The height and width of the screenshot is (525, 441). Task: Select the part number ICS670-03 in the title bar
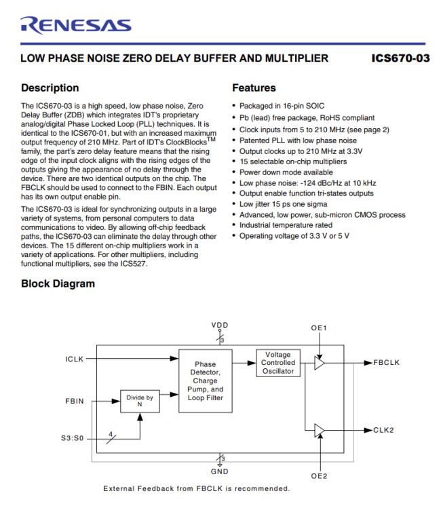[400, 58]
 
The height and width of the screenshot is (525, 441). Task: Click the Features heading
[254, 87]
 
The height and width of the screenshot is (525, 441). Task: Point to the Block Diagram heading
[58, 284]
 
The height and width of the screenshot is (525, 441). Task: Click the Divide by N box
[140, 402]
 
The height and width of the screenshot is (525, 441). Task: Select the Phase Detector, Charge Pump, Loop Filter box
[204, 381]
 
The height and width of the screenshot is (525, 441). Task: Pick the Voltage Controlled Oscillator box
[277, 363]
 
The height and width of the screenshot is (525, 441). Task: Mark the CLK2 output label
[383, 430]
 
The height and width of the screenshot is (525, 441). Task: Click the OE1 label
[319, 328]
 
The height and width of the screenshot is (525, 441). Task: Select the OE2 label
[319, 475]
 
